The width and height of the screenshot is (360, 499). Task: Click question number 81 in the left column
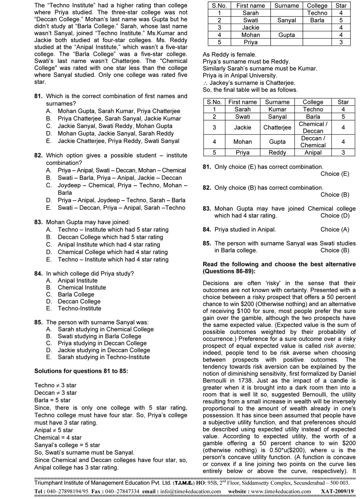(38, 96)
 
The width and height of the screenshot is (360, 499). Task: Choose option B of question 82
(120, 178)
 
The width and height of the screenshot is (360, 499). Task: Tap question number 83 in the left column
(38, 222)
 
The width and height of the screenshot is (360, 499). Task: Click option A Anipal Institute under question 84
(77, 280)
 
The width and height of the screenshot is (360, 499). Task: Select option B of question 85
(99, 336)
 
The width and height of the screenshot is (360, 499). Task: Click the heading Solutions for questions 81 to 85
(81, 371)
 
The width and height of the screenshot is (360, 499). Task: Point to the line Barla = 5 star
(52, 400)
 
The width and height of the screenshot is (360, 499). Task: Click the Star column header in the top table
(341, 6)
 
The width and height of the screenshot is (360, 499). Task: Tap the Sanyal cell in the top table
(287, 20)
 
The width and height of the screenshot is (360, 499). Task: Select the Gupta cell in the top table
(287, 35)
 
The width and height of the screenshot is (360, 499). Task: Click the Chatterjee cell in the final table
(277, 128)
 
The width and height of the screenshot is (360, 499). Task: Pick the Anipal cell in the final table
(313, 153)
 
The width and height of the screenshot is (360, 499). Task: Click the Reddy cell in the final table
(277, 153)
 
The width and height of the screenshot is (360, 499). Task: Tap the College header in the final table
(313, 102)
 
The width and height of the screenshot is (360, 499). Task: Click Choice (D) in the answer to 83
(335, 215)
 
